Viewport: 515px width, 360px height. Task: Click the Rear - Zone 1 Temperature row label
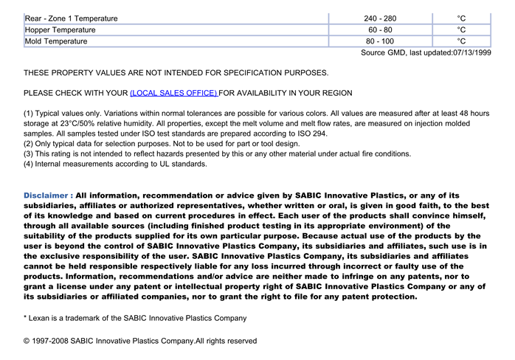pyautogui.click(x=71, y=18)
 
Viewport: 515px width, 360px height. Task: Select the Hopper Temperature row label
pyautogui.click(x=61, y=30)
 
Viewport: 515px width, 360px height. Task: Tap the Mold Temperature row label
pyautogui.click(x=56, y=41)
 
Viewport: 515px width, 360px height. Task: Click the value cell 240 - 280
pyautogui.click(x=380, y=18)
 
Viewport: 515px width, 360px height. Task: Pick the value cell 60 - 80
pyautogui.click(x=380, y=30)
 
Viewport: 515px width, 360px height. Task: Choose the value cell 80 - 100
pyautogui.click(x=380, y=41)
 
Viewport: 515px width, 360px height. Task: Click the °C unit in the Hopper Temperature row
pyautogui.click(x=461, y=30)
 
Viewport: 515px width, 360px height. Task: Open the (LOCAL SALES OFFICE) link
pyautogui.click(x=173, y=93)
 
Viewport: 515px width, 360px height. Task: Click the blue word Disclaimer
pyautogui.click(x=48, y=195)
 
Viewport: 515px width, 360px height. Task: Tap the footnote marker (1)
pyautogui.click(x=30, y=114)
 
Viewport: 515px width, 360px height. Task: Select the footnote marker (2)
pyautogui.click(x=30, y=144)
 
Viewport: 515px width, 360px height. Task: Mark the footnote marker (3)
pyautogui.click(x=30, y=154)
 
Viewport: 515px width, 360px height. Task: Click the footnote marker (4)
pyautogui.click(x=30, y=165)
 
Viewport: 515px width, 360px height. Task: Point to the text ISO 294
pyautogui.click(x=310, y=134)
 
